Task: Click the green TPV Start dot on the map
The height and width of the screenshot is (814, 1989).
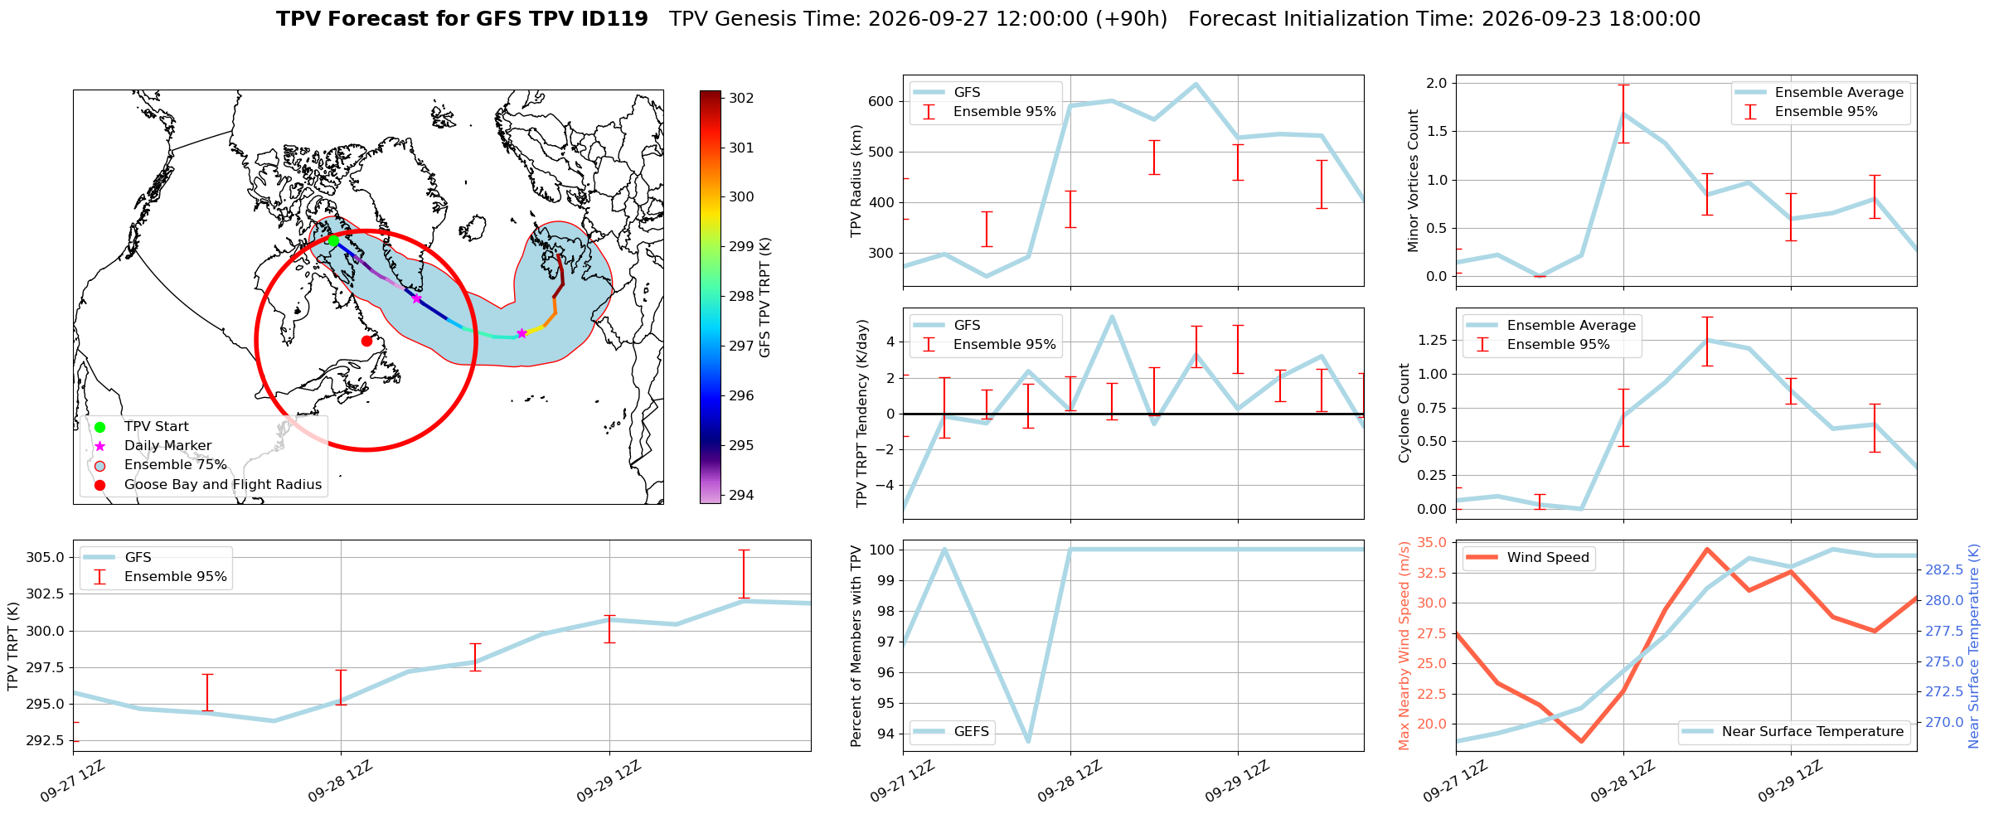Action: [333, 240]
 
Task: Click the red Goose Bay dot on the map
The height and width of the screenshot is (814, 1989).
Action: [366, 341]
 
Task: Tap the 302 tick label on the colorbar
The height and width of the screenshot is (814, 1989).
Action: [741, 98]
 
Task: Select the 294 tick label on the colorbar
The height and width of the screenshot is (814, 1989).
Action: [741, 495]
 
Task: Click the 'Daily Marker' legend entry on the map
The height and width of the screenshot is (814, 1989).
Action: [167, 445]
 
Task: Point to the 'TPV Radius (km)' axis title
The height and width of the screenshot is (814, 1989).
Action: [856, 181]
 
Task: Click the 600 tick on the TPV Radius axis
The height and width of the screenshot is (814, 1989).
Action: [881, 101]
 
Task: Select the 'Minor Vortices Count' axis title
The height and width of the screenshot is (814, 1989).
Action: [1414, 181]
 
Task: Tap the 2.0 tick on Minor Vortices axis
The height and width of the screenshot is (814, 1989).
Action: [1437, 83]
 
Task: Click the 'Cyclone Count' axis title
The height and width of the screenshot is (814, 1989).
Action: [1404, 413]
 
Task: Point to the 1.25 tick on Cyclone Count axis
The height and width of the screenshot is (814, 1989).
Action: [1433, 340]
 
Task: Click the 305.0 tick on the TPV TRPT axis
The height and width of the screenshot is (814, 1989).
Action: [46, 557]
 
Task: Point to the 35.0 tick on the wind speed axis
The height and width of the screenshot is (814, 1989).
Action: [1434, 542]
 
